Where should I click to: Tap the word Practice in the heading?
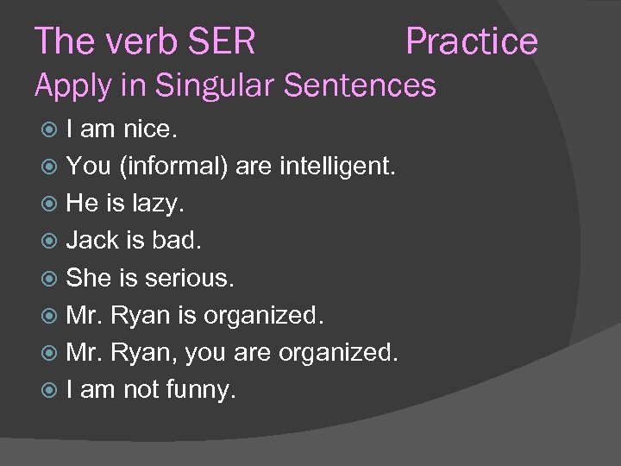click(x=471, y=41)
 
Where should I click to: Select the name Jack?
click(x=92, y=240)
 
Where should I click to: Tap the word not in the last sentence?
click(x=140, y=390)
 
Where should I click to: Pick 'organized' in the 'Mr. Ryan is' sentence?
click(x=263, y=316)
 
